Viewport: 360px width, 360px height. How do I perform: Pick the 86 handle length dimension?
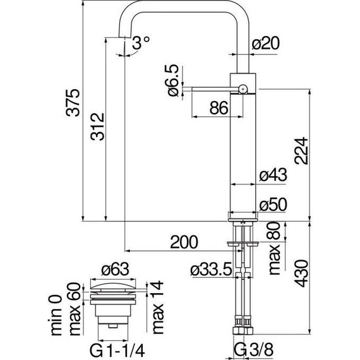[218, 109]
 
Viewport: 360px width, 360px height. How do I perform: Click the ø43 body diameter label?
[273, 176]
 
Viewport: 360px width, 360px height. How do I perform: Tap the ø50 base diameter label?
[273, 205]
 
